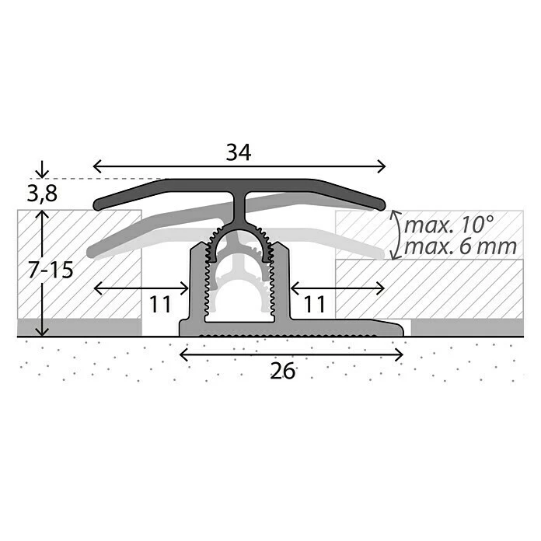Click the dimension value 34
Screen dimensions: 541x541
coord(239,153)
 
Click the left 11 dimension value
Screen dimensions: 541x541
coord(159,304)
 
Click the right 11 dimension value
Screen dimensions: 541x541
coord(314,304)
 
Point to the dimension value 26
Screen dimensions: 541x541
coord(284,372)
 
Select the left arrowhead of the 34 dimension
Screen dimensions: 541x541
coord(97,165)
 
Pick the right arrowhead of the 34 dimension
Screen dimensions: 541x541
coord(382,165)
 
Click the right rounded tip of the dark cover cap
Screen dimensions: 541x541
coord(381,204)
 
